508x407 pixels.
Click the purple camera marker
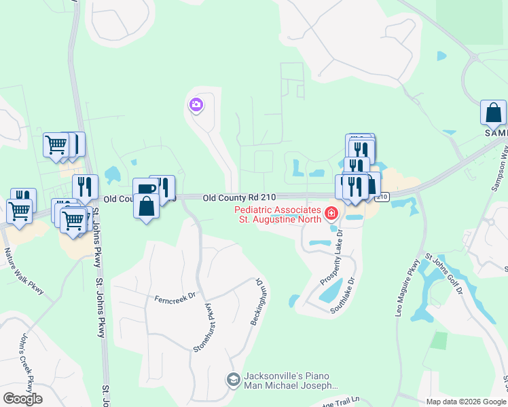coord(196,104)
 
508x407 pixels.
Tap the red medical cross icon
coord(331,214)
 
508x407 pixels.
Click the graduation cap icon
coord(233,379)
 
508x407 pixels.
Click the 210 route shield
coord(382,197)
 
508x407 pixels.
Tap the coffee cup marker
coord(145,189)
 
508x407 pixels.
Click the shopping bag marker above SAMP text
coord(493,112)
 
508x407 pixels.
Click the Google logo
coord(22,399)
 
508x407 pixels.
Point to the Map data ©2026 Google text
coord(465,402)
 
